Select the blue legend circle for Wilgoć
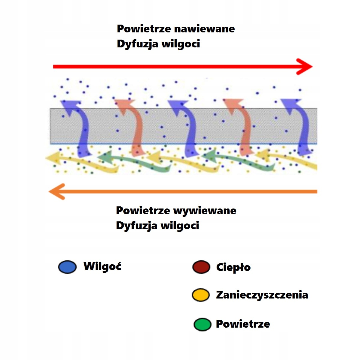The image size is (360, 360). point(67,267)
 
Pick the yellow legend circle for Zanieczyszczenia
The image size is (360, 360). point(200,295)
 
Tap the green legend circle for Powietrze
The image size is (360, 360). point(202,325)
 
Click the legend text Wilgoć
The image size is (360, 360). point(102,266)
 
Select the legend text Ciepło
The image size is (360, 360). point(233,267)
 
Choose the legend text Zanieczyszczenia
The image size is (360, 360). point(262,295)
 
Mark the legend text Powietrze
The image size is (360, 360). point(243,324)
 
